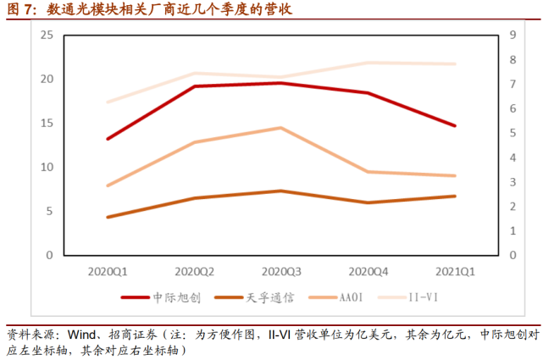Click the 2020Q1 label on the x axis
pyautogui.click(x=108, y=272)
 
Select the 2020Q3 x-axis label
pyautogui.click(x=281, y=272)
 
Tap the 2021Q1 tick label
pyautogui.click(x=455, y=272)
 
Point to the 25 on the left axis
pyautogui.click(x=47, y=35)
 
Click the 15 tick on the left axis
pyautogui.click(x=47, y=123)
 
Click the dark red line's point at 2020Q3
pyautogui.click(x=281, y=83)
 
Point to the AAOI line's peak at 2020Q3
pyautogui.click(x=281, y=128)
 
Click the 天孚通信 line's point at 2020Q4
pyautogui.click(x=368, y=202)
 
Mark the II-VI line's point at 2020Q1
pyautogui.click(x=108, y=102)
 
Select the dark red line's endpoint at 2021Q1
pyautogui.click(x=455, y=125)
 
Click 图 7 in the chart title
pyautogui.click(x=19, y=10)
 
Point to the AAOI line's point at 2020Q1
pyautogui.click(x=108, y=186)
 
